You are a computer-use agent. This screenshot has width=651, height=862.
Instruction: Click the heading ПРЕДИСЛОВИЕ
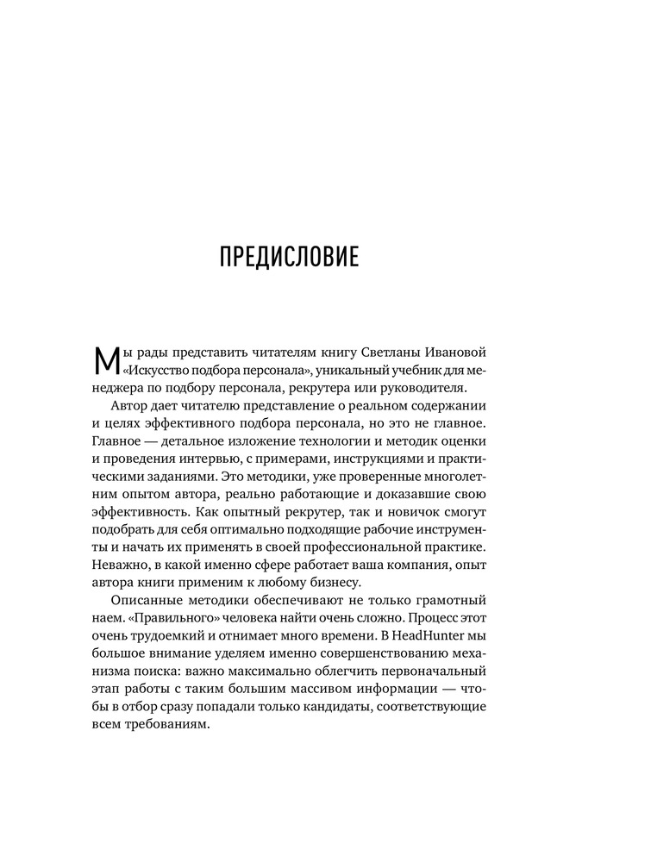coord(289,258)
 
